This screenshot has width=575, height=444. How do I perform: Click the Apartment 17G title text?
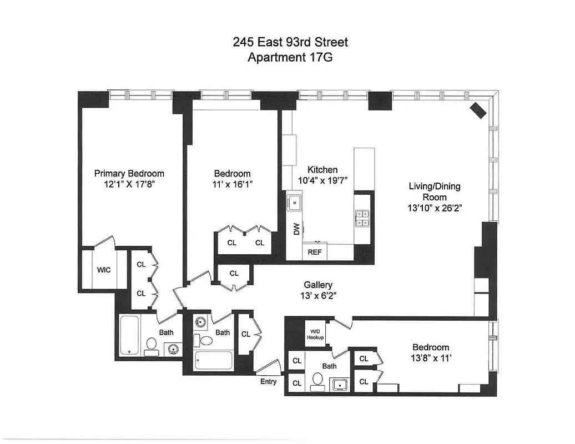[289, 57]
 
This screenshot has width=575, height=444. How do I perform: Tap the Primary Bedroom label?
[129, 173]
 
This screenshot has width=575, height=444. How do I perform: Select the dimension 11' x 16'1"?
[231, 184]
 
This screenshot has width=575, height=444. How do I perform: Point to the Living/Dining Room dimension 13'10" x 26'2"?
[435, 208]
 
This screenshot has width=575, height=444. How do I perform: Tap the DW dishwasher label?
[296, 228]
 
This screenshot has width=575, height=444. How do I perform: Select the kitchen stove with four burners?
[362, 218]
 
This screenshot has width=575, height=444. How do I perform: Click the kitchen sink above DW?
[294, 203]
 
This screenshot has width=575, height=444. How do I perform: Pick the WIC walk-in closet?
[104, 270]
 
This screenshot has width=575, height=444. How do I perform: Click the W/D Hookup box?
[315, 334]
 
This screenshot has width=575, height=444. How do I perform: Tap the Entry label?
[268, 381]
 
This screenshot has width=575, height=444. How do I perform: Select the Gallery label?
[317, 284]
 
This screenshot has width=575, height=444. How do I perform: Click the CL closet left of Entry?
[245, 334]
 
